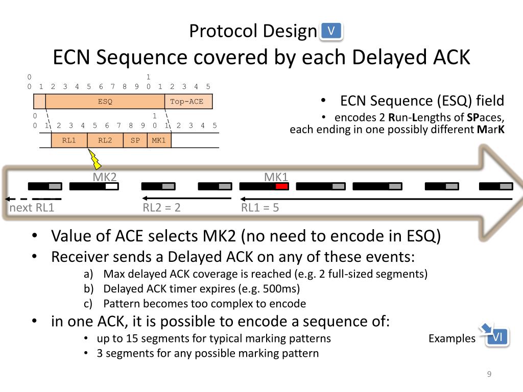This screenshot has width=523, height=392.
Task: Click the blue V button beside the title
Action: (331, 32)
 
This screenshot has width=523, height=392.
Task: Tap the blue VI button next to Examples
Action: (497, 337)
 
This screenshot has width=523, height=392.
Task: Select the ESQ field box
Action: (105, 102)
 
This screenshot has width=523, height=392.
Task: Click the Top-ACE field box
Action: (188, 102)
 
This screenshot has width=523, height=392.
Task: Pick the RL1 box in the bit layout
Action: (69, 140)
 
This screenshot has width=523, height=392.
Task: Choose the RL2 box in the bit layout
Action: (105, 140)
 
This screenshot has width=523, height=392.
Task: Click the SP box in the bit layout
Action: (135, 140)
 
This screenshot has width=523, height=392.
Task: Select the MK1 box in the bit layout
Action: (159, 140)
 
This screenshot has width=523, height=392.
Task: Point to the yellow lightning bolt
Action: (94, 159)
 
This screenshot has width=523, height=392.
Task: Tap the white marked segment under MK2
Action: (111, 186)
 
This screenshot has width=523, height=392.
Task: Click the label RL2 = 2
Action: (161, 208)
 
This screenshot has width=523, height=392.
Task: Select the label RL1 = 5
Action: (260, 208)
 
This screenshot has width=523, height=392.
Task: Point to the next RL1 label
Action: (32, 208)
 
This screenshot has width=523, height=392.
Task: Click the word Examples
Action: (451, 338)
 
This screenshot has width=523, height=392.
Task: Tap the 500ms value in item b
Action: (280, 288)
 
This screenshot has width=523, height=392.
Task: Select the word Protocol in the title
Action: (223, 32)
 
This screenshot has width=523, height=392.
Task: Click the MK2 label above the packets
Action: (105, 177)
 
